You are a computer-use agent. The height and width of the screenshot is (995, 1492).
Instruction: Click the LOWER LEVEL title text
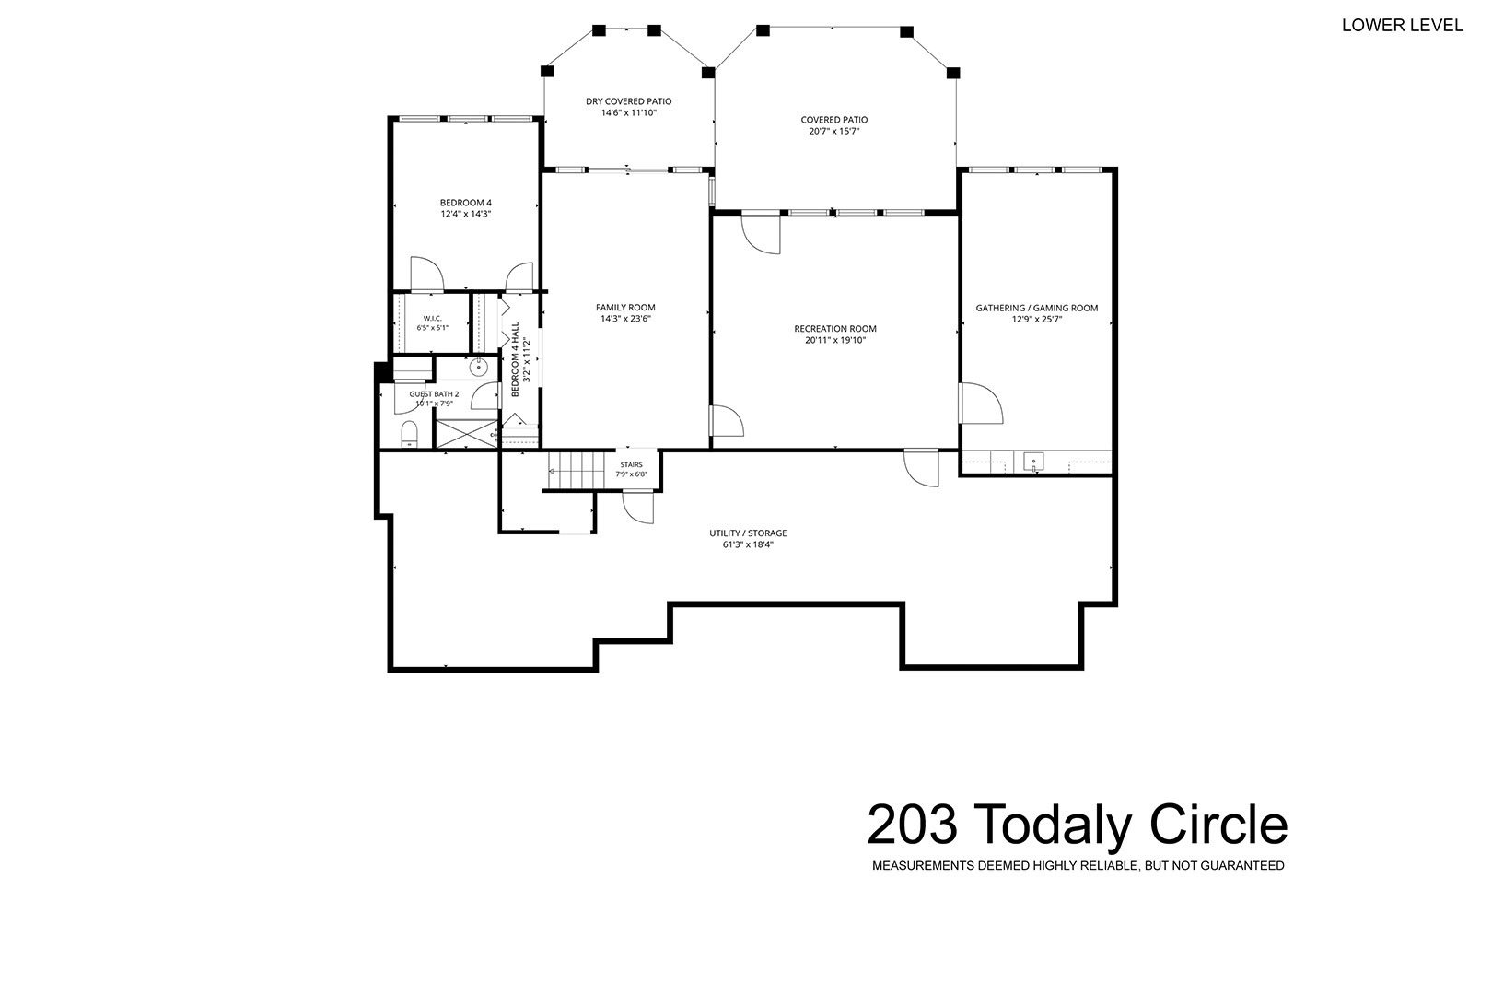pos(1402,25)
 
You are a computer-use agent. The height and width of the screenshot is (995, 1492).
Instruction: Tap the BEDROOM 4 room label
pos(466,203)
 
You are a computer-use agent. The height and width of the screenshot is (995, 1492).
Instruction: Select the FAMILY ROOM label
pos(625,307)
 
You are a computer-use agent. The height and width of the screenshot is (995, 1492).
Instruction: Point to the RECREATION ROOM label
pos(835,329)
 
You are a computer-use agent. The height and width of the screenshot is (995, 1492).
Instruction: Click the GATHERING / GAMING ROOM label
pos(1037,308)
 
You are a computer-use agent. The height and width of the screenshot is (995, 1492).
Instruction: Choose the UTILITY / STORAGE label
pos(748,533)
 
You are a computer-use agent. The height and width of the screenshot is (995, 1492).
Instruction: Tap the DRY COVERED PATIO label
pos(629,101)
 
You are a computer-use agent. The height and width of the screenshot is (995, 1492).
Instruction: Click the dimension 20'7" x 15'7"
pos(834,132)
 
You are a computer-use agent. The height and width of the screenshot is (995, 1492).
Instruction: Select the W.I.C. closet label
pos(433,319)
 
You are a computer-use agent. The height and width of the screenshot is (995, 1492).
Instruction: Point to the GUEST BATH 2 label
pos(435,394)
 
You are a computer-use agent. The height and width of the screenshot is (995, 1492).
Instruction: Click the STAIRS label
pos(632,464)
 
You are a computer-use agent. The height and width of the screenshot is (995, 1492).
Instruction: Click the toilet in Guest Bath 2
pos(409,434)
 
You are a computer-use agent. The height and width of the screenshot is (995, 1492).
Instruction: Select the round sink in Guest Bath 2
pos(479,367)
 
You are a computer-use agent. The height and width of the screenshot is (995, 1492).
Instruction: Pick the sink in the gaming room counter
pos(1033,462)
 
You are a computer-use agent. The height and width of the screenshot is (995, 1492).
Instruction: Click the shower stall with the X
pos(466,434)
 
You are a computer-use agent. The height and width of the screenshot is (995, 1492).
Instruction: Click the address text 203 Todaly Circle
pos(1077,825)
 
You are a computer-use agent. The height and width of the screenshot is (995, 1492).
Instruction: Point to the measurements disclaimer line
pos(1078,866)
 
